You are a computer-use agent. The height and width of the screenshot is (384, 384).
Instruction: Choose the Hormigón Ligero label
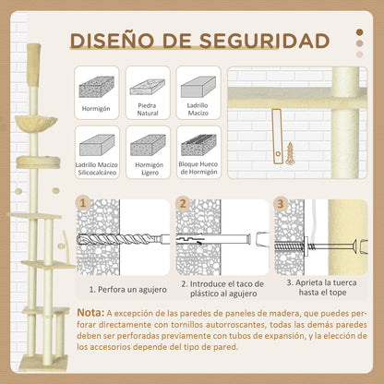point(148,171)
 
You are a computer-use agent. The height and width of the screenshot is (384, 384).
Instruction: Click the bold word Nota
point(95,314)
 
